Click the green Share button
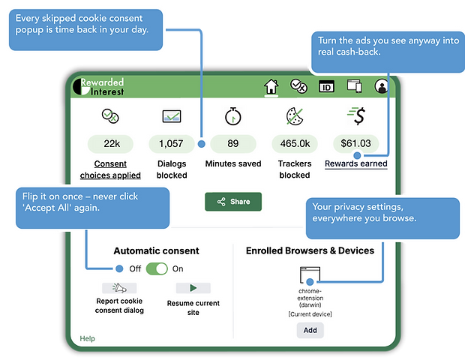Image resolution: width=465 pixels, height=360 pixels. coord(233,202)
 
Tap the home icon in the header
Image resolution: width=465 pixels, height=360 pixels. coord(271,86)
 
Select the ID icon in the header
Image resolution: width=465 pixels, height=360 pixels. coord(326,87)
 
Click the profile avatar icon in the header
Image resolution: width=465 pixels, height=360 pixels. coord(381,86)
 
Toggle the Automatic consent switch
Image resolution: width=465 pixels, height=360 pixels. coord(157,268)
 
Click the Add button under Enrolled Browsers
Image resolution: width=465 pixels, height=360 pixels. coord(310,330)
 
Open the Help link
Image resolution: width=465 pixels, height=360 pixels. coord(87,338)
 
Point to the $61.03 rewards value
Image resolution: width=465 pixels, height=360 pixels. coord(355,143)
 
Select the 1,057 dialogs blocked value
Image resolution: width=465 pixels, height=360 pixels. coord(172,144)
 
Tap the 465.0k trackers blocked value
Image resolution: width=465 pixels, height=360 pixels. coord(295,144)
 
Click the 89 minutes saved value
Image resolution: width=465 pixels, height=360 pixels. coord(233,144)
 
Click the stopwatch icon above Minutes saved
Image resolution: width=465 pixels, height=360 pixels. coord(233,116)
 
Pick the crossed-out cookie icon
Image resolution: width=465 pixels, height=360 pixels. coord(295,116)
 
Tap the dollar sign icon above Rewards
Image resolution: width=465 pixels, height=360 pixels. coord(357,115)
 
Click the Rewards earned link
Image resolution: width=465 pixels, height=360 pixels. coord(355,163)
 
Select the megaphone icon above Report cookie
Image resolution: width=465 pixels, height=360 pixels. coord(119,288)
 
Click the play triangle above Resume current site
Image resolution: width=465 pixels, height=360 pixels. coord(193,288)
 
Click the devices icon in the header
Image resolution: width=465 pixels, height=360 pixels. coord(355,86)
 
